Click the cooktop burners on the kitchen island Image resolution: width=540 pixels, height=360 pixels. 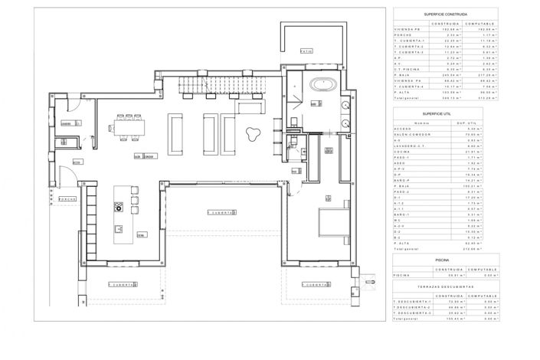click(119, 206)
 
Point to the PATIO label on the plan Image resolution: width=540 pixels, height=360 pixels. click(306, 51)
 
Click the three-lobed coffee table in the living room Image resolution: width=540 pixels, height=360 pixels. click(250, 135)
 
